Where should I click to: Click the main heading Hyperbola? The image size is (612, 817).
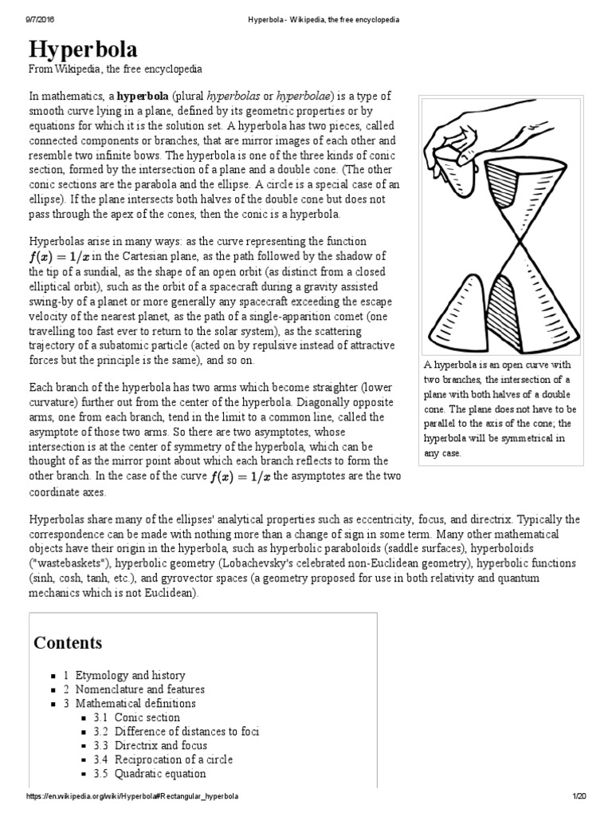pyautogui.click(x=83, y=50)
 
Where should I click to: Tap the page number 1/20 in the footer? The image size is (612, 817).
pyautogui.click(x=579, y=797)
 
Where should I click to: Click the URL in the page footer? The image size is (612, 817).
pyautogui.click(x=132, y=797)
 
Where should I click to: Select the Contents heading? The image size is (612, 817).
pyautogui.click(x=68, y=642)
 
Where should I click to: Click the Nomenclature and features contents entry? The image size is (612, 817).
pyautogui.click(x=139, y=689)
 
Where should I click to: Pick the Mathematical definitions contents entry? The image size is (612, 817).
pyautogui.click(x=135, y=704)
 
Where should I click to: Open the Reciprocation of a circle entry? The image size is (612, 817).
pyautogui.click(x=173, y=760)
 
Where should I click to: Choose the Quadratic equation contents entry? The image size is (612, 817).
pyautogui.click(x=159, y=774)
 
